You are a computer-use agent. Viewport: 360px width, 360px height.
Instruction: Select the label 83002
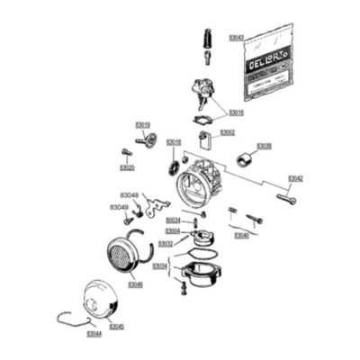[228, 132]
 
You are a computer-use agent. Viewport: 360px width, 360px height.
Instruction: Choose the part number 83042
[295, 178]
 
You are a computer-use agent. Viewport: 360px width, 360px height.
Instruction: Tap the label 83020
[127, 167]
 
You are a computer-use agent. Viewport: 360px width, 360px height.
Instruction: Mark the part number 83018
[174, 142]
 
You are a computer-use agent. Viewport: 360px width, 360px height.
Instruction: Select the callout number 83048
[130, 194]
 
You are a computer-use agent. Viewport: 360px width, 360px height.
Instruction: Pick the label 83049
[119, 207]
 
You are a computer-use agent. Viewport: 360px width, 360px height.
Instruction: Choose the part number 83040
[241, 235]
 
